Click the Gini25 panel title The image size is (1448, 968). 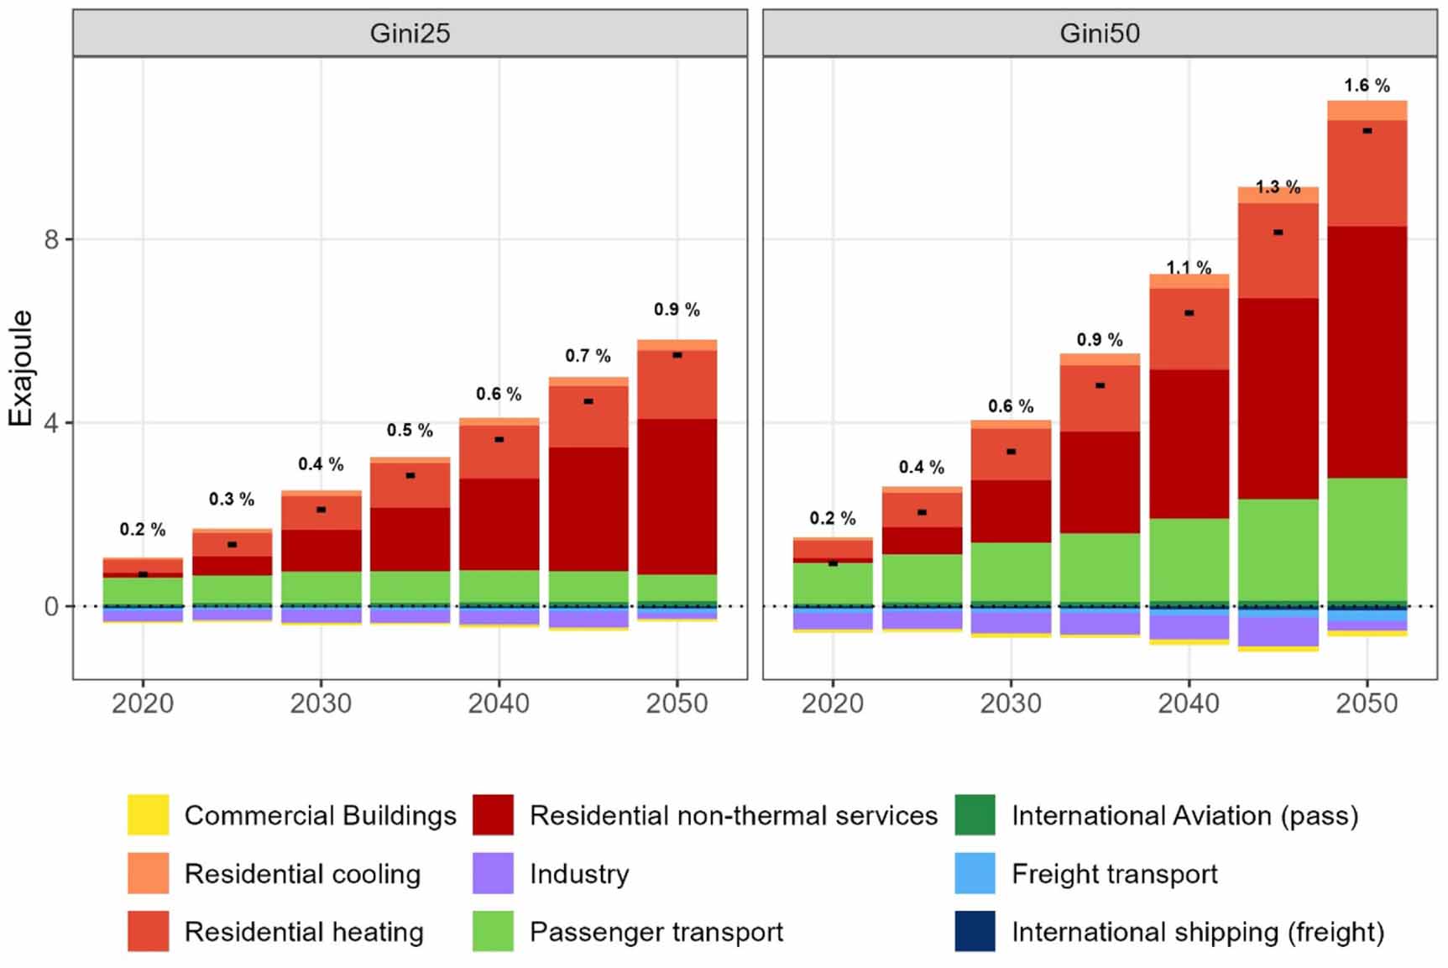[410, 34]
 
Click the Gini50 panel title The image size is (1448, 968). [1099, 34]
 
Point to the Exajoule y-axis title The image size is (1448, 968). [20, 368]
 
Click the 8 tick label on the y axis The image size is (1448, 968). [52, 240]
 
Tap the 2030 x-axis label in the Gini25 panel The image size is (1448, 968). [321, 703]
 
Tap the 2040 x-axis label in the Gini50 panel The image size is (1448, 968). [1189, 703]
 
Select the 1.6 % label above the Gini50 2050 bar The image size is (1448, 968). [1367, 86]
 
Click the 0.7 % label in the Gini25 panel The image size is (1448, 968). [588, 356]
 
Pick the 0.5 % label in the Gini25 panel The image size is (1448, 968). [410, 431]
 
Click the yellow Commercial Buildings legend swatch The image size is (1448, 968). [148, 815]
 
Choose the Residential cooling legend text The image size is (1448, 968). [302, 874]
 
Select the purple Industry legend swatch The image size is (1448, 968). [493, 874]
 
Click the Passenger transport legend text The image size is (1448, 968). [656, 932]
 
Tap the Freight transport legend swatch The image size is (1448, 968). [975, 874]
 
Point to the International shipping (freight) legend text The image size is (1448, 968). [1197, 932]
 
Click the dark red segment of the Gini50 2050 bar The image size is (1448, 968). [1367, 353]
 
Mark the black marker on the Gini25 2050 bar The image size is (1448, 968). [677, 355]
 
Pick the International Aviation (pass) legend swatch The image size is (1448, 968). [975, 815]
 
